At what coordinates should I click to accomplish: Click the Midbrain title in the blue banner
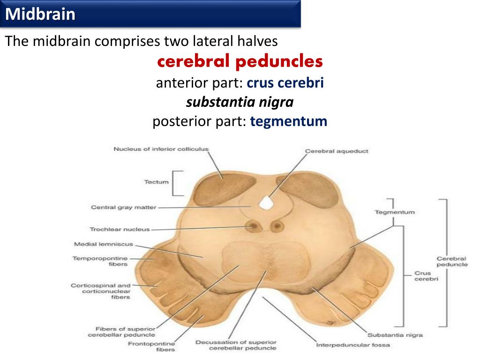41,14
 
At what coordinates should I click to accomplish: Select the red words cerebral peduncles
240,61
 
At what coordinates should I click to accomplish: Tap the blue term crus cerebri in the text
285,83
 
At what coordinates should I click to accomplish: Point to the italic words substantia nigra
240,102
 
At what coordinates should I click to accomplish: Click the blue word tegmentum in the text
288,121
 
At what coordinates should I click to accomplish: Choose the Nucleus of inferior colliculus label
161,149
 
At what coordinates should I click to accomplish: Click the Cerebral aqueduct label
337,151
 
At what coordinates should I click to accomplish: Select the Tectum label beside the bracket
156,181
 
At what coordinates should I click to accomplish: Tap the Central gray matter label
123,207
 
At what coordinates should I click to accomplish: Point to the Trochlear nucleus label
120,229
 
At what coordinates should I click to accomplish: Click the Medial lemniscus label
104,244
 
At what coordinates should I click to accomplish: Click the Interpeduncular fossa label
353,345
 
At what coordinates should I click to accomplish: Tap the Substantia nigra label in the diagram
395,335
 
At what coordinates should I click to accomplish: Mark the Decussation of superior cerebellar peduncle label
236,345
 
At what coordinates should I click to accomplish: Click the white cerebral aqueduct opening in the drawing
266,202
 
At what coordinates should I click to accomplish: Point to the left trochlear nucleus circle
255,226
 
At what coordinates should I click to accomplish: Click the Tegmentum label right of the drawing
395,212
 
